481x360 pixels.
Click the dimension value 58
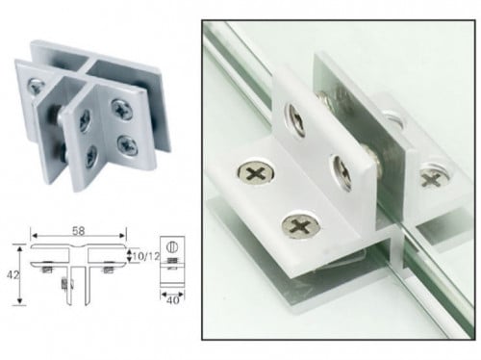pyautogui.click(x=79, y=231)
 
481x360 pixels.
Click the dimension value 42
pyautogui.click(x=13, y=275)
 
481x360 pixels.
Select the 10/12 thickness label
pyautogui.click(x=146, y=256)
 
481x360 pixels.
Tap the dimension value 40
pyautogui.click(x=173, y=300)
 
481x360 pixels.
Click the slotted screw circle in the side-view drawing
pyautogui.click(x=172, y=247)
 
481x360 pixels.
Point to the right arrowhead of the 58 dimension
pyautogui.click(x=122, y=236)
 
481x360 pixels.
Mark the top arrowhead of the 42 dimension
pyautogui.click(x=20, y=249)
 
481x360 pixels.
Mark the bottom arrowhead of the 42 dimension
pyautogui.click(x=20, y=300)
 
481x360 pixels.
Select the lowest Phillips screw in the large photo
pyautogui.click(x=300, y=225)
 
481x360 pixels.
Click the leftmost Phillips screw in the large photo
pyautogui.click(x=256, y=172)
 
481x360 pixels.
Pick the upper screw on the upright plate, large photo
pyautogui.click(x=294, y=120)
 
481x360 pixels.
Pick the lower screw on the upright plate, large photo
pyautogui.click(x=342, y=172)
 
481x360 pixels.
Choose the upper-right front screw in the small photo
pyautogui.click(x=122, y=110)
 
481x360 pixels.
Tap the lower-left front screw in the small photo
pyautogui.click(x=90, y=157)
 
